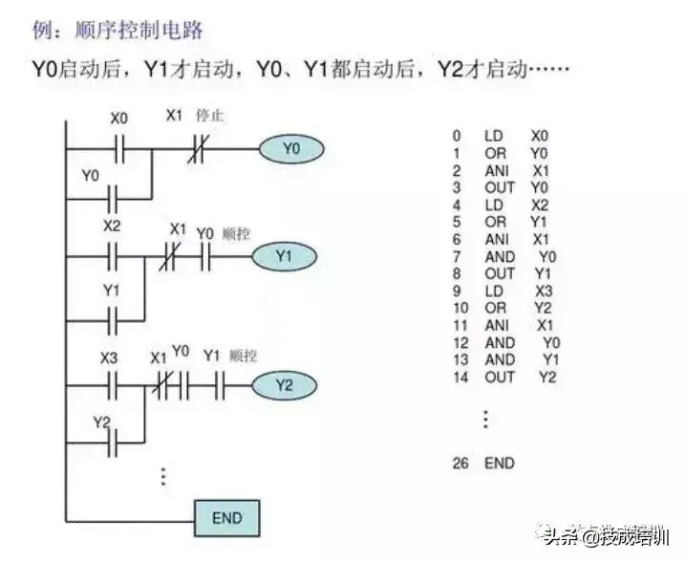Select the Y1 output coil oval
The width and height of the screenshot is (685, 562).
tap(284, 256)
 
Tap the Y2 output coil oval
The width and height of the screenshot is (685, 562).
tap(282, 385)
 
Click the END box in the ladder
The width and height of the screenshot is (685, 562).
tap(226, 518)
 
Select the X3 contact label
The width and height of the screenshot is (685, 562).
tap(110, 357)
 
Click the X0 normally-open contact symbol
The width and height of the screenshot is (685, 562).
tap(120, 149)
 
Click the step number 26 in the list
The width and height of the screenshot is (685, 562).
tap(460, 464)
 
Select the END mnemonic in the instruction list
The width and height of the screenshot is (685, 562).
tap(499, 464)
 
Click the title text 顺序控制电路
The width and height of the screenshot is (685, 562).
tap(139, 31)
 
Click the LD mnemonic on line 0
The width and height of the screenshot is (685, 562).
tap(494, 137)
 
